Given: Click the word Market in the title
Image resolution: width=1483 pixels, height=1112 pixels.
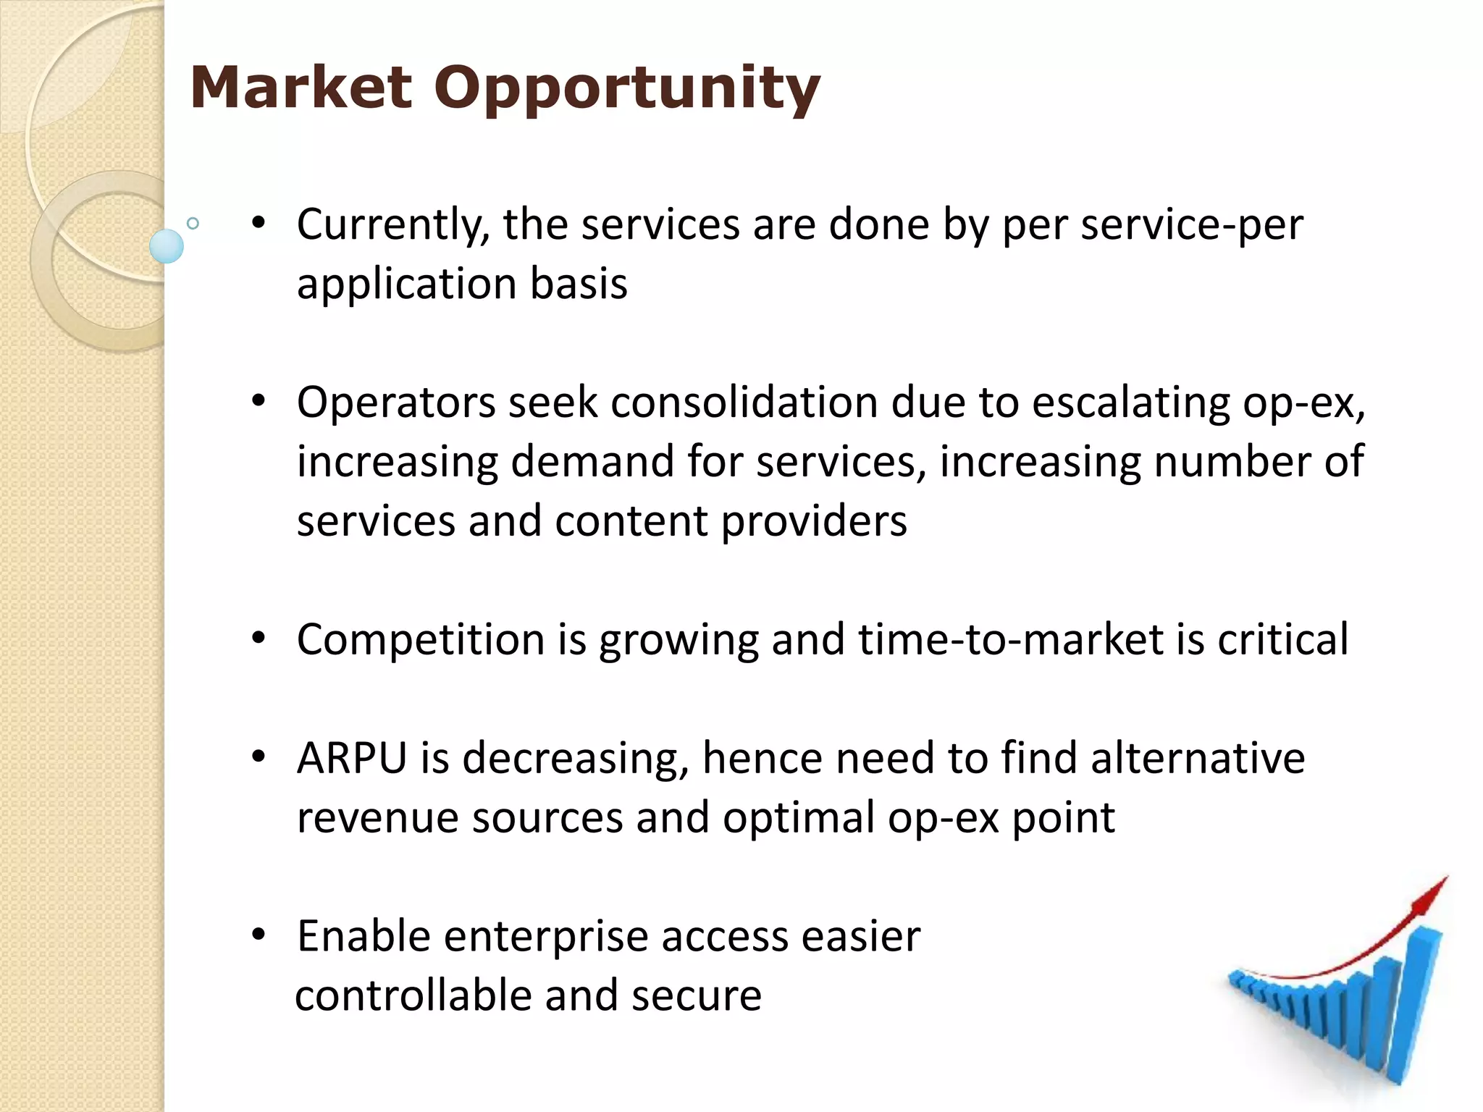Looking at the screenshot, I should pos(301,88).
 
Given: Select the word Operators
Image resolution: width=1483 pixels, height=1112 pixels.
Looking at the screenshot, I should pos(395,403).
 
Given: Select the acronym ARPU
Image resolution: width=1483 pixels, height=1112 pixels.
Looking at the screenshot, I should pos(352,758).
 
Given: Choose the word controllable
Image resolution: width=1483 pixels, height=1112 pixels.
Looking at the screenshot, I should pos(413,995).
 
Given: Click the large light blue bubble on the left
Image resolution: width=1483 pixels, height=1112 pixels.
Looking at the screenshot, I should pos(167,246).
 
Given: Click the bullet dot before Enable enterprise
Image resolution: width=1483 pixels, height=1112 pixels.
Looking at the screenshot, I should pos(259,935).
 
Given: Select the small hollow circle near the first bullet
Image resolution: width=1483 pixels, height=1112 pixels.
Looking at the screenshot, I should pos(193,223).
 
